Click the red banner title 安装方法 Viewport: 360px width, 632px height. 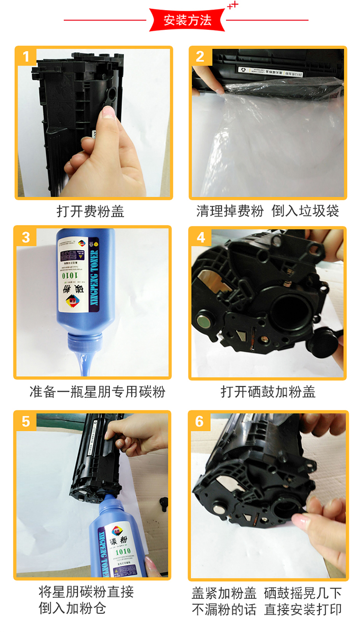click(187, 21)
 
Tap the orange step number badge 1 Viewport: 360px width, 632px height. click(26, 58)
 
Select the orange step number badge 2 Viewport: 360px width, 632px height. click(200, 57)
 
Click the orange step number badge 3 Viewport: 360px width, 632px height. click(26, 237)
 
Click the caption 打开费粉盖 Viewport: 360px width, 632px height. click(91, 211)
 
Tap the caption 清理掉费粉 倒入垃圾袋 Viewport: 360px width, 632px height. click(268, 211)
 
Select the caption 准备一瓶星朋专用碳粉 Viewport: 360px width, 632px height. click(97, 392)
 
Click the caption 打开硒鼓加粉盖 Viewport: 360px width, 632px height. click(268, 392)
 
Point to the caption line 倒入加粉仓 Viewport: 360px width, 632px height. click(72, 608)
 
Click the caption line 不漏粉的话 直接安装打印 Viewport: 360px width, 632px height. click(267, 609)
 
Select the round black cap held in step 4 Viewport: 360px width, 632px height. click(321, 342)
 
